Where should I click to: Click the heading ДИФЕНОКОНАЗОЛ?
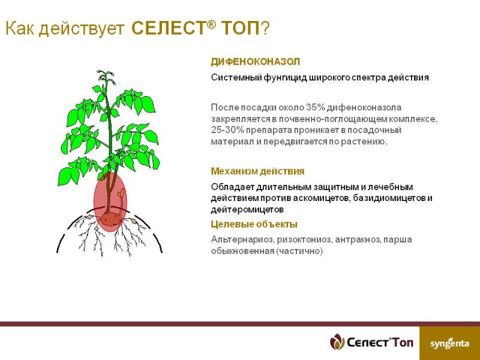click(x=256, y=62)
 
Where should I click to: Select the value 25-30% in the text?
click(x=227, y=130)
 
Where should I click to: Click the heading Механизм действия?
click(x=257, y=171)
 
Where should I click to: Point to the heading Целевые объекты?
click(x=254, y=224)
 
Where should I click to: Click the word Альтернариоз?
click(x=242, y=239)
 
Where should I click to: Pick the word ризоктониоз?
click(x=305, y=239)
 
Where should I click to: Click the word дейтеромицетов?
click(x=247, y=209)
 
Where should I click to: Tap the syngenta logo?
click(x=449, y=343)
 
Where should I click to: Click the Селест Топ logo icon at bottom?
click(x=337, y=341)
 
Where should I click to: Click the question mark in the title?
click(x=265, y=28)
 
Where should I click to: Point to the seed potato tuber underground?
click(x=109, y=219)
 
